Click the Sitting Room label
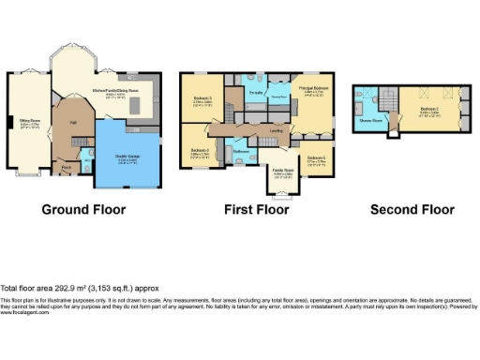pos(30,121)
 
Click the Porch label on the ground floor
pos(66,168)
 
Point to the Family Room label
pos(283,172)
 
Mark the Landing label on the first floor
pos(276,130)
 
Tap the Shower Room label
pos(370,120)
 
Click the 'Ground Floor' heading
pos(83,209)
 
